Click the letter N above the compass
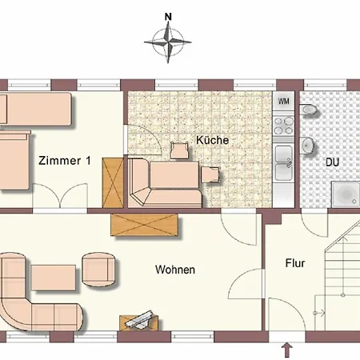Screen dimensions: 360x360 [168, 17]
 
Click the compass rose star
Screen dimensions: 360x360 [168, 42]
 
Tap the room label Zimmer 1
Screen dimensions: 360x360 [65, 161]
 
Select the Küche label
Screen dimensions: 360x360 [212, 140]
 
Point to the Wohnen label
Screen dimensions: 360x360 [175, 270]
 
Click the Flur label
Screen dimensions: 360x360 [295, 263]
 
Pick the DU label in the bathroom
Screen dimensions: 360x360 [332, 162]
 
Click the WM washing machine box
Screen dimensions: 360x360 [283, 102]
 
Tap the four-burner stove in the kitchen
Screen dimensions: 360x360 [284, 126]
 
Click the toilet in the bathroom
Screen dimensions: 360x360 [309, 110]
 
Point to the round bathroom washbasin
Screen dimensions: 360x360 [307, 146]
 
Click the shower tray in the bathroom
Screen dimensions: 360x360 [346, 194]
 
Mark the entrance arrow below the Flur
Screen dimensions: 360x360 [287, 350]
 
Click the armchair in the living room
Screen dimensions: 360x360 [98, 270]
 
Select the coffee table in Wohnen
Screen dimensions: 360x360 [54, 278]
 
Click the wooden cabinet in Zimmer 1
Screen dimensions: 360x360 [113, 183]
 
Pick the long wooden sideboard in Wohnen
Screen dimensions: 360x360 [144, 225]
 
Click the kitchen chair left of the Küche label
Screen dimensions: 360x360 [179, 150]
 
